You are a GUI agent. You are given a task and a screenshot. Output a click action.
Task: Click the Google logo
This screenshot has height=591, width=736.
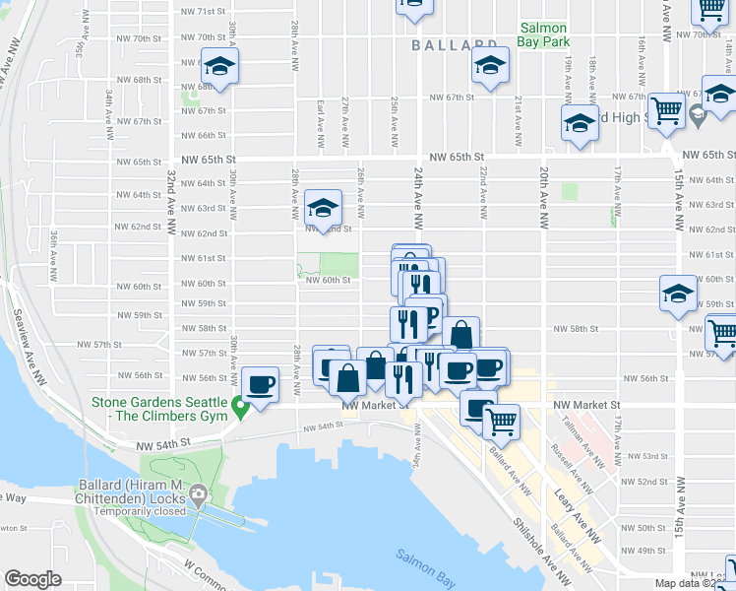click(32, 579)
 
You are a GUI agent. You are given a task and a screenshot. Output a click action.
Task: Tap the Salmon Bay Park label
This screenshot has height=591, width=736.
click(545, 36)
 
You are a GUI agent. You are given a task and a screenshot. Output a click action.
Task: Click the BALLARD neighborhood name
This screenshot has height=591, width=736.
click(454, 45)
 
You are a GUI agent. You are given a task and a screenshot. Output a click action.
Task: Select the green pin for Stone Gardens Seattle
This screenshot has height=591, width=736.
click(238, 405)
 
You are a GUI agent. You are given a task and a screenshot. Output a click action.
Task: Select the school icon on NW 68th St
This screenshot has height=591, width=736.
click(221, 66)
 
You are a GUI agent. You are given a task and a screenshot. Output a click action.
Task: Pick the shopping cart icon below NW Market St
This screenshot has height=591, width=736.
click(502, 422)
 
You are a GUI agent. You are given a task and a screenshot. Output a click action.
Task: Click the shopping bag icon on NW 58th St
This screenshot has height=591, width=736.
click(460, 335)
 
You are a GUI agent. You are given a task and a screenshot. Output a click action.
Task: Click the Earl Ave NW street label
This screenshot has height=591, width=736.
click(321, 123)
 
